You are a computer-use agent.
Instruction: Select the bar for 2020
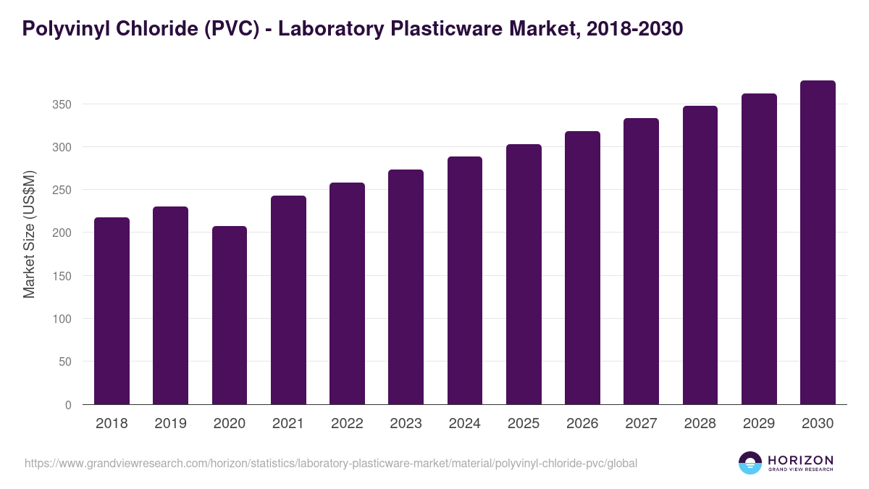(x=230, y=315)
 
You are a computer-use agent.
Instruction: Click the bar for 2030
(x=818, y=243)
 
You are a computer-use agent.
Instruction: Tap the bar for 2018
(x=112, y=311)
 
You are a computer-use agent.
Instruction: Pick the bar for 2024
(x=465, y=280)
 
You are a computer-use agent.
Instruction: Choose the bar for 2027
(x=641, y=262)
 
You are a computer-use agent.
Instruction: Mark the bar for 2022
(x=347, y=293)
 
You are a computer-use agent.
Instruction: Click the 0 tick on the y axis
(x=68, y=405)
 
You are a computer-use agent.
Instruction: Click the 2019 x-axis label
(x=170, y=424)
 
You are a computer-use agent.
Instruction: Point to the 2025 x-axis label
(x=524, y=424)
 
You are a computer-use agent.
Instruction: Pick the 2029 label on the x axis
(x=759, y=424)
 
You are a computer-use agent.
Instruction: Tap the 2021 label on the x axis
(x=288, y=424)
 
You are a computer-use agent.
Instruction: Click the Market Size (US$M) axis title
(x=30, y=233)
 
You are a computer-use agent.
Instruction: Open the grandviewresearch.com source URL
(x=331, y=463)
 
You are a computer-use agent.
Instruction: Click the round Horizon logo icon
(x=750, y=463)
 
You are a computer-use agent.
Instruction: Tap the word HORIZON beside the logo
(x=800, y=460)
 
